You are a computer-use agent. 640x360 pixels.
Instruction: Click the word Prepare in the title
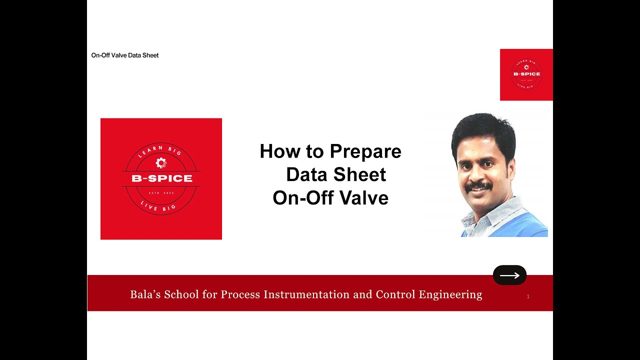[365, 151]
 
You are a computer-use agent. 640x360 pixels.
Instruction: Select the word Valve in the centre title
[367, 198]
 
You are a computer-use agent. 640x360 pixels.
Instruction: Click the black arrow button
[509, 275]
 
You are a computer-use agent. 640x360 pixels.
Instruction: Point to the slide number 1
[528, 296]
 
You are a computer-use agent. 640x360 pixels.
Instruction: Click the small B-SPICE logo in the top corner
[526, 74]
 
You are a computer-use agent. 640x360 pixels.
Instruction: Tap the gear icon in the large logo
[160, 162]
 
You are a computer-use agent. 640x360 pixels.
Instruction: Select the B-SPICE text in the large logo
[161, 178]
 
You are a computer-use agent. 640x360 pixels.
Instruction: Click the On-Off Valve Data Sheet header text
[125, 55]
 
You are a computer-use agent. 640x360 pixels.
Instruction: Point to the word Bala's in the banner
[144, 294]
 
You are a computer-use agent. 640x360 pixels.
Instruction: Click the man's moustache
[478, 186]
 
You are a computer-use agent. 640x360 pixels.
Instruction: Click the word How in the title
[277, 151]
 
